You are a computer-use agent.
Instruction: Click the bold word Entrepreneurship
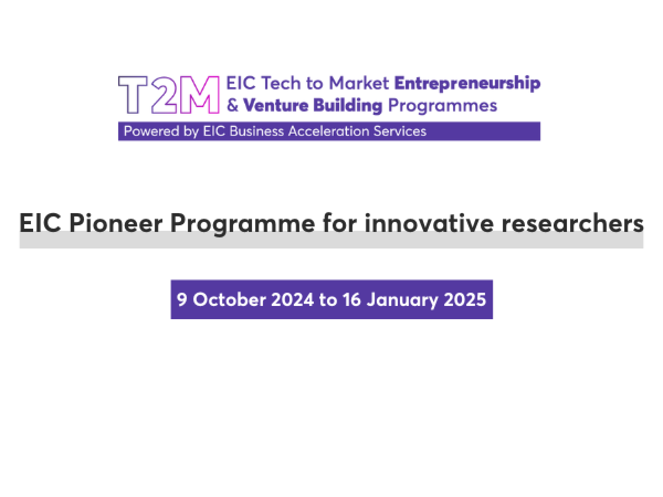(x=467, y=83)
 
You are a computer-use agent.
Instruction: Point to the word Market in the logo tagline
(x=359, y=83)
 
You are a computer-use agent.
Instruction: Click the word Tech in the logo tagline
(x=281, y=83)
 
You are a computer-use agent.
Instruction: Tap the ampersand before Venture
(x=233, y=105)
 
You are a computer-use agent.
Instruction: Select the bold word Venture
(x=276, y=105)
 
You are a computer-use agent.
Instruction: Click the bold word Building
(x=348, y=106)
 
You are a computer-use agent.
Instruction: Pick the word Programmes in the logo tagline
(x=443, y=106)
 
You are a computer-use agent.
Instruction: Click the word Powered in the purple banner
(x=151, y=131)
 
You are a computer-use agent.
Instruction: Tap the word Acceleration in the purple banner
(x=329, y=131)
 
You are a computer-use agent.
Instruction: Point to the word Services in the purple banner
(x=400, y=131)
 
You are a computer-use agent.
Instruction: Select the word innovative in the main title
(x=429, y=223)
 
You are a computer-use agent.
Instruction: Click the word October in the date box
(x=229, y=300)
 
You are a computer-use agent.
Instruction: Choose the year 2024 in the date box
(x=292, y=300)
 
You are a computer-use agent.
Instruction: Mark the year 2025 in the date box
(x=465, y=300)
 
